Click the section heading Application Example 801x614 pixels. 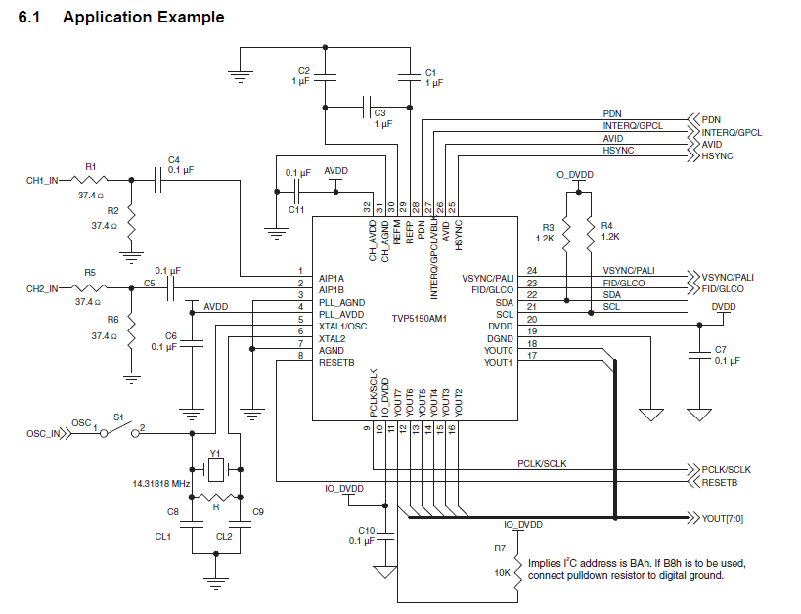pyautogui.click(x=143, y=17)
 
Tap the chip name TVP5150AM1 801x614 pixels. pyautogui.click(x=419, y=319)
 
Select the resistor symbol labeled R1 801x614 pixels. pyautogui.click(x=91, y=179)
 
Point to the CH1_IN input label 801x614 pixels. pyautogui.click(x=42, y=181)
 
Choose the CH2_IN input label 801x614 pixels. pyautogui.click(x=42, y=288)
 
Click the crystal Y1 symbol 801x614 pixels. pyautogui.click(x=216, y=471)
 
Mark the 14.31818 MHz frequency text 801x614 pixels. pyautogui.click(x=161, y=484)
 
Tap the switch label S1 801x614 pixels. pyautogui.click(x=117, y=417)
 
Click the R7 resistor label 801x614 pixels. pyautogui.click(x=500, y=548)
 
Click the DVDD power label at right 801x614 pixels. pyautogui.click(x=724, y=306)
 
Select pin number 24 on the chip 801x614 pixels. pyautogui.click(x=532, y=270)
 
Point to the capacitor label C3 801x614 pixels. pyautogui.click(x=381, y=112)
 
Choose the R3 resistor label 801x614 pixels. pyautogui.click(x=548, y=227)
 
